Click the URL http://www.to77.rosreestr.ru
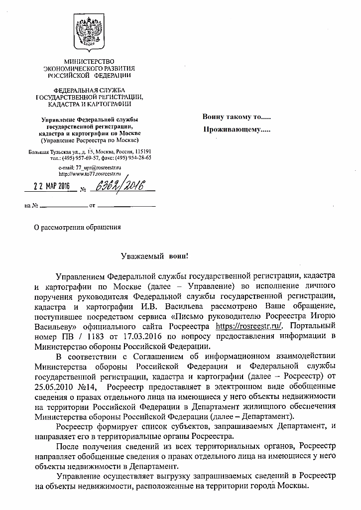click(90, 174)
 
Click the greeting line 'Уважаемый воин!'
click(155, 256)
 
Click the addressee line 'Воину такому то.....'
click(237, 118)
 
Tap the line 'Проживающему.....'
click(237, 130)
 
